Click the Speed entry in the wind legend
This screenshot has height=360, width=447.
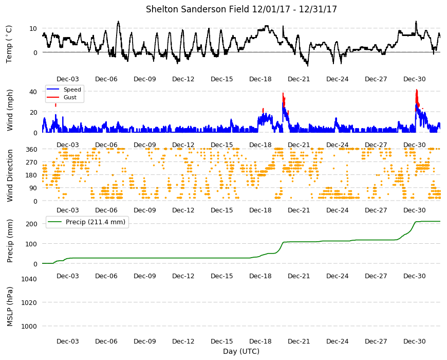[x=72, y=89]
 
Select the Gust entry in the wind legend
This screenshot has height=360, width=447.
[x=70, y=97]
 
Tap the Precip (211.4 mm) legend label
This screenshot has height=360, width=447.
[x=96, y=222]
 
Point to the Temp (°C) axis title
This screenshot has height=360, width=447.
[x=9, y=44]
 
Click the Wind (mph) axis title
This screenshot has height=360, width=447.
[x=10, y=110]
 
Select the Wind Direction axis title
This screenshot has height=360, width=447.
[x=10, y=176]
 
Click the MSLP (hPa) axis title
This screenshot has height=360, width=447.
[x=10, y=307]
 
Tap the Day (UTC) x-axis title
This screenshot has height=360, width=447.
[x=241, y=351]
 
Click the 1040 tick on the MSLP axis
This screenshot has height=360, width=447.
[x=29, y=279]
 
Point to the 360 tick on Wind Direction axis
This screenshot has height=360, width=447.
[x=31, y=149]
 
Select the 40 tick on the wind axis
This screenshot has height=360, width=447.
[x=33, y=92]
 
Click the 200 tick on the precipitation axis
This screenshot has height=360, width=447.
[x=31, y=224]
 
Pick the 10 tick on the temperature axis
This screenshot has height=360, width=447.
[x=33, y=28]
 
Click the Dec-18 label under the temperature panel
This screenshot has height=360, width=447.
[x=260, y=79]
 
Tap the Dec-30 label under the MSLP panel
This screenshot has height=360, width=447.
[x=414, y=341]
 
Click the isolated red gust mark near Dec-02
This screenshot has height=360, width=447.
[x=55, y=105]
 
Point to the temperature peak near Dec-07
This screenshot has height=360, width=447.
[x=118, y=22]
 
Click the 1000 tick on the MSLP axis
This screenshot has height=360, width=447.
[x=29, y=327]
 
